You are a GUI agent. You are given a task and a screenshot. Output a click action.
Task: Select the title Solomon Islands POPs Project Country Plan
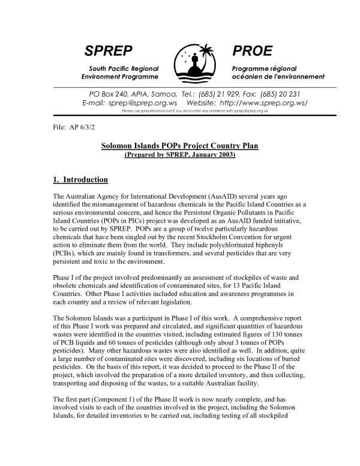pyautogui.click(x=179, y=146)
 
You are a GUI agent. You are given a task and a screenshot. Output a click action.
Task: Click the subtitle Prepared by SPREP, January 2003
pyautogui.click(x=179, y=155)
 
